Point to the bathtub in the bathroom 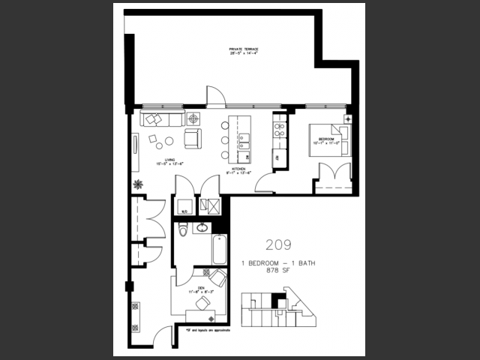[x=219, y=250]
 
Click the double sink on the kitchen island [x=244, y=139]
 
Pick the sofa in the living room [x=160, y=119]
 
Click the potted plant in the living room [x=138, y=184]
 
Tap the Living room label [x=165, y=162]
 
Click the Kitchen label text [x=240, y=171]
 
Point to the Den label [x=201, y=287]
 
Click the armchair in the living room [x=193, y=138]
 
